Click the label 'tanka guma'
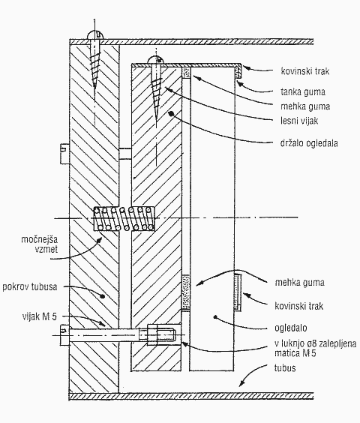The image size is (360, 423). click(x=303, y=91)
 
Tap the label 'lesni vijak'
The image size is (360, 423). click(x=299, y=121)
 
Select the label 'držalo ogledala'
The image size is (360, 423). click(x=309, y=142)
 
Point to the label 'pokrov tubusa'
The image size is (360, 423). click(x=30, y=286)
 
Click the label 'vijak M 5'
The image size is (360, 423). click(x=40, y=316)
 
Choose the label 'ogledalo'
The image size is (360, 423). click(x=291, y=328)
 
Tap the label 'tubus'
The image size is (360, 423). click(x=285, y=368)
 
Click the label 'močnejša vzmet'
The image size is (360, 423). click(x=40, y=244)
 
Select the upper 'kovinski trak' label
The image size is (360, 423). click(x=305, y=71)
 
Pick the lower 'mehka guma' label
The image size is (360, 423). click(x=299, y=283)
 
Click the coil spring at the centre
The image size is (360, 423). click(x=124, y=219)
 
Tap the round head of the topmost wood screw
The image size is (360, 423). click(x=96, y=34)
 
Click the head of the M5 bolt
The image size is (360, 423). click(x=64, y=334)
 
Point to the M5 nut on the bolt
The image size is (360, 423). click(x=152, y=334)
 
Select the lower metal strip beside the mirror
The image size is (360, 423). click(x=238, y=292)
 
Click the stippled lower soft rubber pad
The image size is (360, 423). click(x=186, y=292)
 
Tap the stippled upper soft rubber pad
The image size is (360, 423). click(x=186, y=72)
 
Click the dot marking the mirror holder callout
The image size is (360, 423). click(x=170, y=113)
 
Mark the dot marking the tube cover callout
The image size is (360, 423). click(x=103, y=296)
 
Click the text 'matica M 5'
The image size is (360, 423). click(x=295, y=353)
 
